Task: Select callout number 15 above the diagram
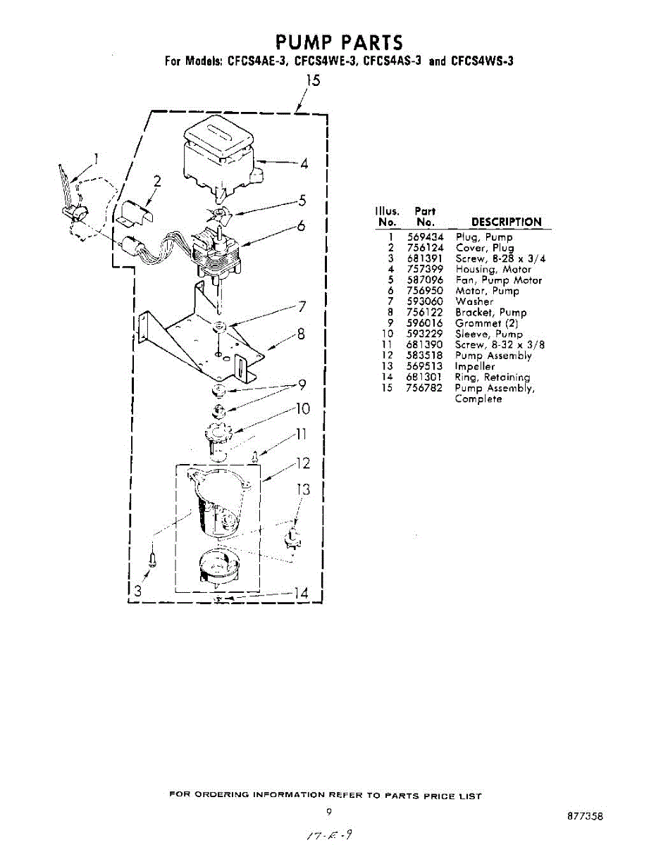coord(311,80)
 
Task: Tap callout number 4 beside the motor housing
coord(304,164)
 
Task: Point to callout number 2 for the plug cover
coord(158,182)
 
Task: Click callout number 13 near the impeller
coord(302,490)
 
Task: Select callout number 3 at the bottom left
coord(138,591)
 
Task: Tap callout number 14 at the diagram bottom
coord(300,594)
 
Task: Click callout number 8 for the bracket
coord(300,334)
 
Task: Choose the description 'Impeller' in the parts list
coord(474,366)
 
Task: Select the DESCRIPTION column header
coord(506,222)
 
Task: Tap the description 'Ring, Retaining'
coord(492,377)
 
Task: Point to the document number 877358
coord(585,817)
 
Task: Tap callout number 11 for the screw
coord(301,434)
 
